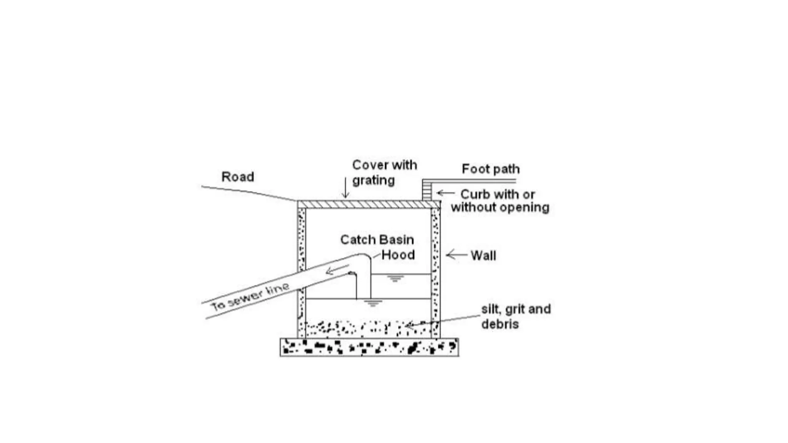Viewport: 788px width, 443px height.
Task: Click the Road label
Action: [237, 177]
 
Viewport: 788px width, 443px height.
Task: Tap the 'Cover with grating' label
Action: [384, 173]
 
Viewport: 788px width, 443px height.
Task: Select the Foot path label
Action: [491, 169]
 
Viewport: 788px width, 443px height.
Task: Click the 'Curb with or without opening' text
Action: [499, 201]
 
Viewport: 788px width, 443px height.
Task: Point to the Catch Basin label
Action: [377, 240]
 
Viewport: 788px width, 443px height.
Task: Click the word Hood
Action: [398, 255]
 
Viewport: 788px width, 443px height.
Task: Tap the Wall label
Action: [483, 256]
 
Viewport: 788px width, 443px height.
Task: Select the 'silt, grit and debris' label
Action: [516, 316]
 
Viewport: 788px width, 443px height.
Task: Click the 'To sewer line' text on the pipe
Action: [250, 297]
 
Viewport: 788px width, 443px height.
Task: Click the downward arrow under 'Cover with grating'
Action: [345, 188]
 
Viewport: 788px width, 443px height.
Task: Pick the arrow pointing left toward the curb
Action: [446, 193]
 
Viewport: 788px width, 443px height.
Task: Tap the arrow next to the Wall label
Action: [456, 255]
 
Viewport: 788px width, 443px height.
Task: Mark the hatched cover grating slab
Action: [368, 204]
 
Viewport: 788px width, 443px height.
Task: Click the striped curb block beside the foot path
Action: [427, 190]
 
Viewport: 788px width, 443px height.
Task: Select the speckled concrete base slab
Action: [369, 347]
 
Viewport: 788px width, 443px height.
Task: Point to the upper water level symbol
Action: [395, 278]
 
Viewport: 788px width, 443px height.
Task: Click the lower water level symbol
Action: [372, 303]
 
